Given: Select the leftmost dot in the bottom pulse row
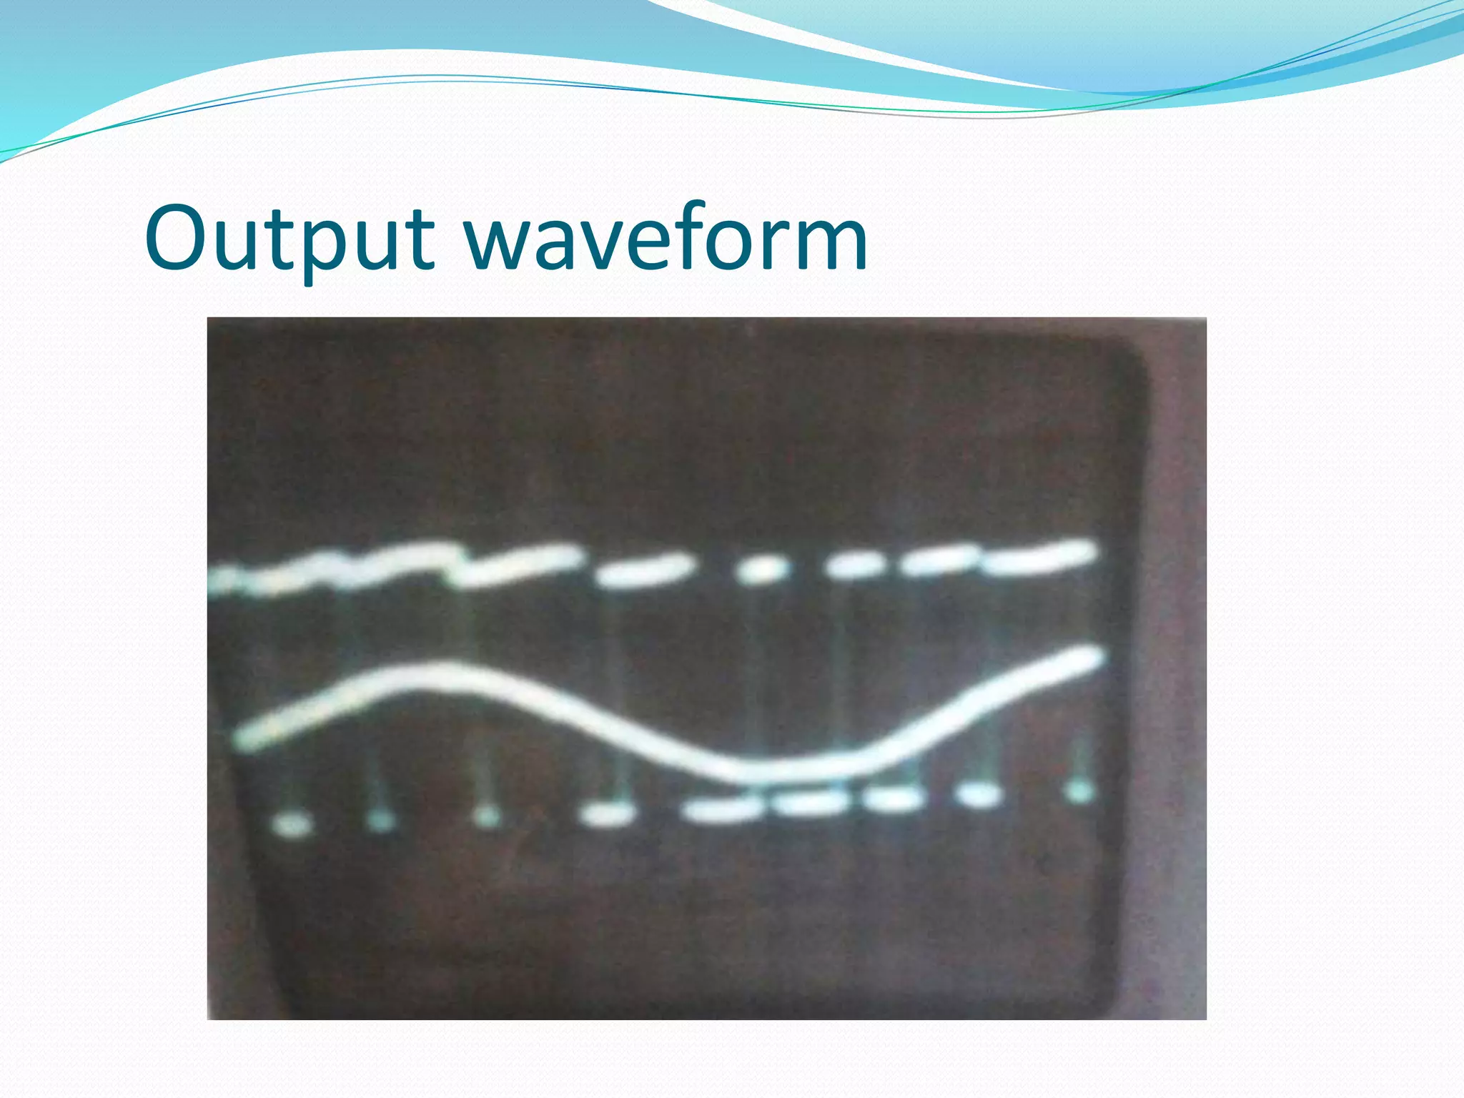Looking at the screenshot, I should tap(292, 826).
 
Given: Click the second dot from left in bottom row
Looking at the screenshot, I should tap(380, 821).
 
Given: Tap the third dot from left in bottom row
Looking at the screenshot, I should tap(488, 817).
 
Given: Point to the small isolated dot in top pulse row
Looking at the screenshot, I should tap(762, 570).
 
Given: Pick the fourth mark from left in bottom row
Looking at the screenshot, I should tap(608, 815).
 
